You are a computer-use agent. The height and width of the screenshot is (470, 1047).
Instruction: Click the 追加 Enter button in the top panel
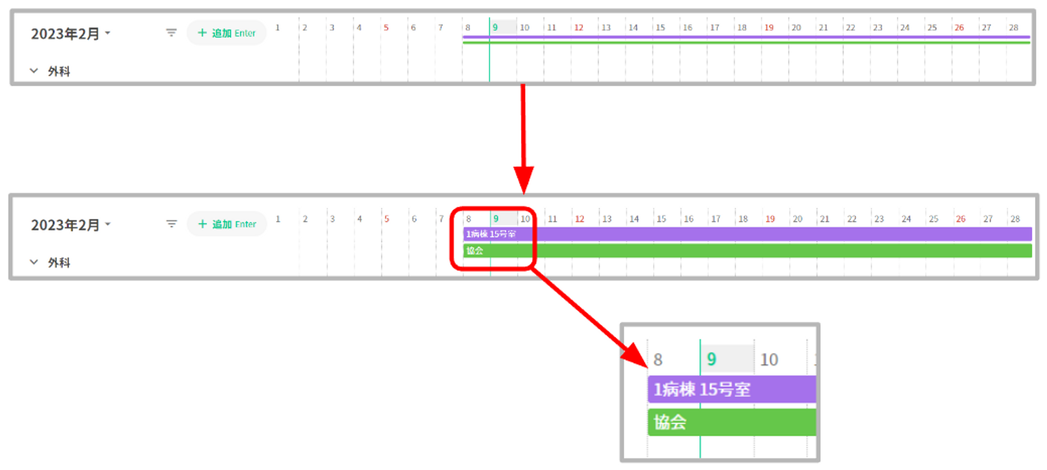coord(227,33)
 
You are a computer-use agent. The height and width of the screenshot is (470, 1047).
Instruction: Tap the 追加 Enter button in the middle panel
coord(227,224)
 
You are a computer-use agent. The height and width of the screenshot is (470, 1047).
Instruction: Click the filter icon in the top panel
coord(171,33)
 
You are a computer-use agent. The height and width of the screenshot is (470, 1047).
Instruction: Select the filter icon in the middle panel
coord(171,224)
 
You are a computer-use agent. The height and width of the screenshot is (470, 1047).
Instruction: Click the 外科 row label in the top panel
coord(59,71)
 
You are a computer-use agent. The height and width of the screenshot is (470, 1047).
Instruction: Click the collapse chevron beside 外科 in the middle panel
coord(34,262)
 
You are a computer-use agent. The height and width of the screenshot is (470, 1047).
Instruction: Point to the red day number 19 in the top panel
coord(768,28)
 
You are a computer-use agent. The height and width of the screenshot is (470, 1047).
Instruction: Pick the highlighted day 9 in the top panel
coord(495,27)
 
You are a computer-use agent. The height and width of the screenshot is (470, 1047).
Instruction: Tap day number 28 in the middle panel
coord(1015,219)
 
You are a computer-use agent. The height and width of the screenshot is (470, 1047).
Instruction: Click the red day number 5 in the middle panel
coord(386,219)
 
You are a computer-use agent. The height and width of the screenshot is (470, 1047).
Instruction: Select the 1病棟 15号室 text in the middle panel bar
coord(491,234)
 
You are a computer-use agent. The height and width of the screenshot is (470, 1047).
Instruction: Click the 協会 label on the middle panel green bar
coord(475,250)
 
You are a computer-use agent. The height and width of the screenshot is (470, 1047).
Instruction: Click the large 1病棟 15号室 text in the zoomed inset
coord(702,389)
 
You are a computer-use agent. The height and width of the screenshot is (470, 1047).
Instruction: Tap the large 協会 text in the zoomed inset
coord(670,422)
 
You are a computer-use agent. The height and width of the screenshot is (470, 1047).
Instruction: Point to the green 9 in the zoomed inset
coord(711,359)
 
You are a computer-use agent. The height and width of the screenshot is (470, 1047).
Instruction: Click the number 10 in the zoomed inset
coord(769,360)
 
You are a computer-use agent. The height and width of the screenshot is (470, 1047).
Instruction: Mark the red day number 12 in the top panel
coord(578,28)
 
